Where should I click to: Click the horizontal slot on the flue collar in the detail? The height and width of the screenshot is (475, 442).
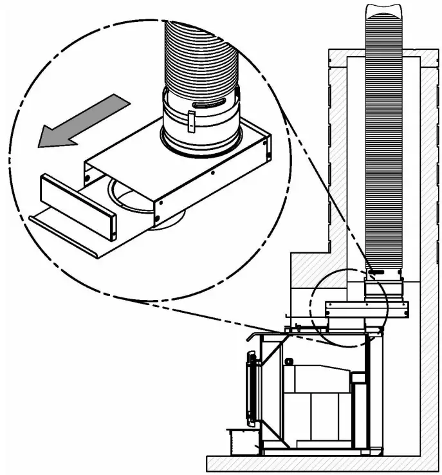209,102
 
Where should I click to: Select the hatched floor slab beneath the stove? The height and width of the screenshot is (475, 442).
322,463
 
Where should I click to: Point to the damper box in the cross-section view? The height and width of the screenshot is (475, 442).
367,310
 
